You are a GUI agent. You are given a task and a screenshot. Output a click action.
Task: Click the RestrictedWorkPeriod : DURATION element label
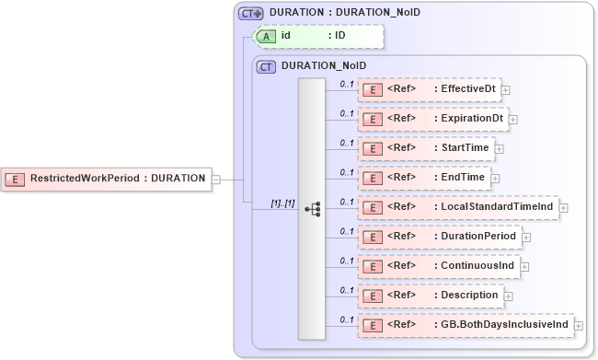coord(118,178)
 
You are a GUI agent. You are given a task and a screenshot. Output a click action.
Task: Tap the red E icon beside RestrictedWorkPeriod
coord(16,178)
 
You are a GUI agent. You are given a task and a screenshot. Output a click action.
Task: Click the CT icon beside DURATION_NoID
coord(267,66)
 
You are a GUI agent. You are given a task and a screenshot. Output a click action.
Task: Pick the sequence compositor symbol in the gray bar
coord(312,208)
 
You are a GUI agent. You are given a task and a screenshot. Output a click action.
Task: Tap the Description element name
coord(470,296)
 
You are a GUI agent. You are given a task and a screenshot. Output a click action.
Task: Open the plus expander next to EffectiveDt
coord(506,90)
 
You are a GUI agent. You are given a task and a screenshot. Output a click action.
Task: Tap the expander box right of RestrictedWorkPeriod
coord(216,179)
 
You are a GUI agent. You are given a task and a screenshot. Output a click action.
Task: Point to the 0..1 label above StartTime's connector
coord(347,143)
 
